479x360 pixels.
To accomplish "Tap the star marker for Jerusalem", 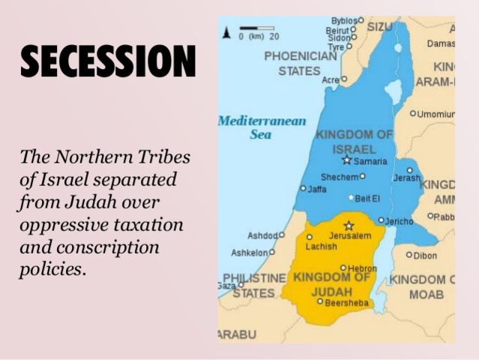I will (x=348, y=225).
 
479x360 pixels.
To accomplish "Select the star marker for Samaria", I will (x=346, y=160).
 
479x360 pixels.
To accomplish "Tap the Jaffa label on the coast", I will (x=316, y=189).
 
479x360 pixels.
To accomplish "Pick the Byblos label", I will (x=344, y=20).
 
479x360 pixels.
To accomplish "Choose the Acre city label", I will (x=330, y=79).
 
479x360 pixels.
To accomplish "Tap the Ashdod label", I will (x=262, y=235).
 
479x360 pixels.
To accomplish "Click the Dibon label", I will (x=424, y=255).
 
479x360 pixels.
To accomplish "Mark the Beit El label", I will (x=367, y=198).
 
